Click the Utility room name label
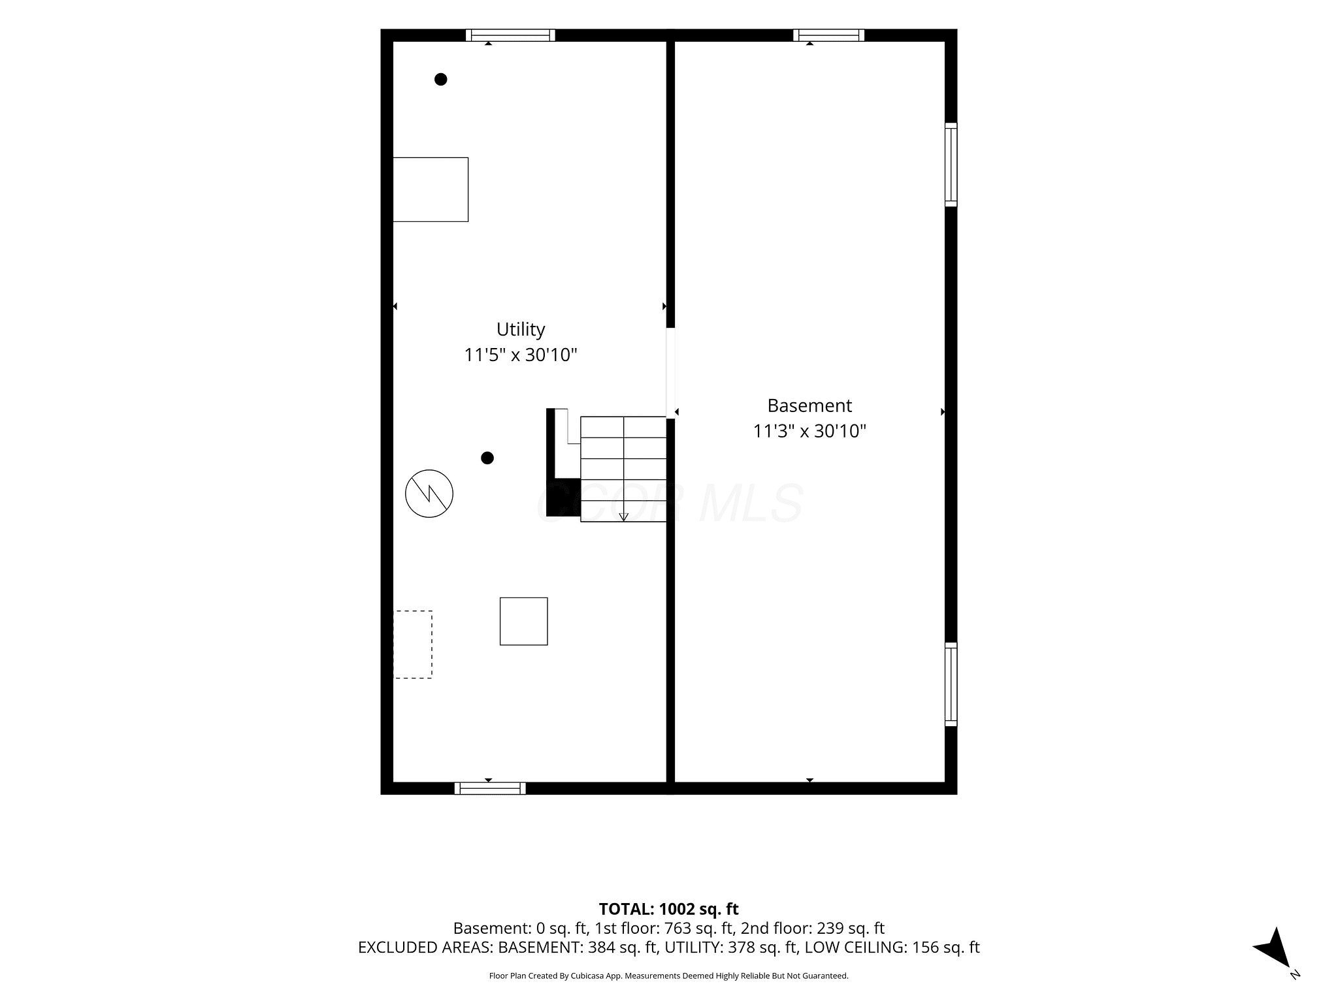[x=521, y=329]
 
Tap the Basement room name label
[x=809, y=406]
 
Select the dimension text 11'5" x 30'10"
[x=521, y=355]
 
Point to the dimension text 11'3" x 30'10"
[x=809, y=431]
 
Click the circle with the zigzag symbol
[x=429, y=494]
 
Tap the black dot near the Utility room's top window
[x=441, y=79]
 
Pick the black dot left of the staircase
[x=487, y=458]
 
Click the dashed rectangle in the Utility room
[x=413, y=645]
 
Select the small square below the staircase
[x=524, y=622]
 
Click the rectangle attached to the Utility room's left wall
[x=431, y=189]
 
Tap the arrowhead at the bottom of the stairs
[x=623, y=517]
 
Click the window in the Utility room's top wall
[x=510, y=35]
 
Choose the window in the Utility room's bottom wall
[x=490, y=788]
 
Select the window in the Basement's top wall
[x=829, y=35]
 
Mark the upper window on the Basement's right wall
[x=951, y=165]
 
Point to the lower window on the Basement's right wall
[x=951, y=684]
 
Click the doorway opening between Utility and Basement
[x=670, y=372]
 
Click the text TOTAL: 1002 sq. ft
[x=669, y=909]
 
